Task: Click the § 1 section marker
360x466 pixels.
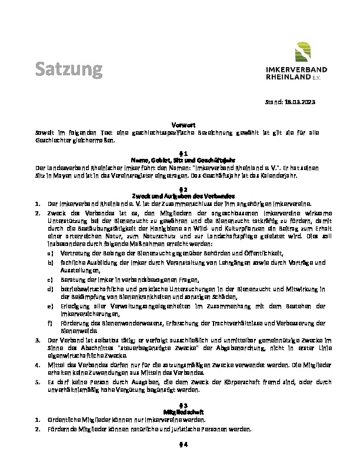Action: [179, 153]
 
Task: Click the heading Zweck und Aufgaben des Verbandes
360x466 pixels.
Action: [179, 195]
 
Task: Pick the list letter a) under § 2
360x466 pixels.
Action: [50, 252]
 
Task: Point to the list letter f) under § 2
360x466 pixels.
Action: [50, 323]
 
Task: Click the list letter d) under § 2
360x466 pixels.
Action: [50, 289]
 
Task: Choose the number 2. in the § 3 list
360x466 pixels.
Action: [37, 429]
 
